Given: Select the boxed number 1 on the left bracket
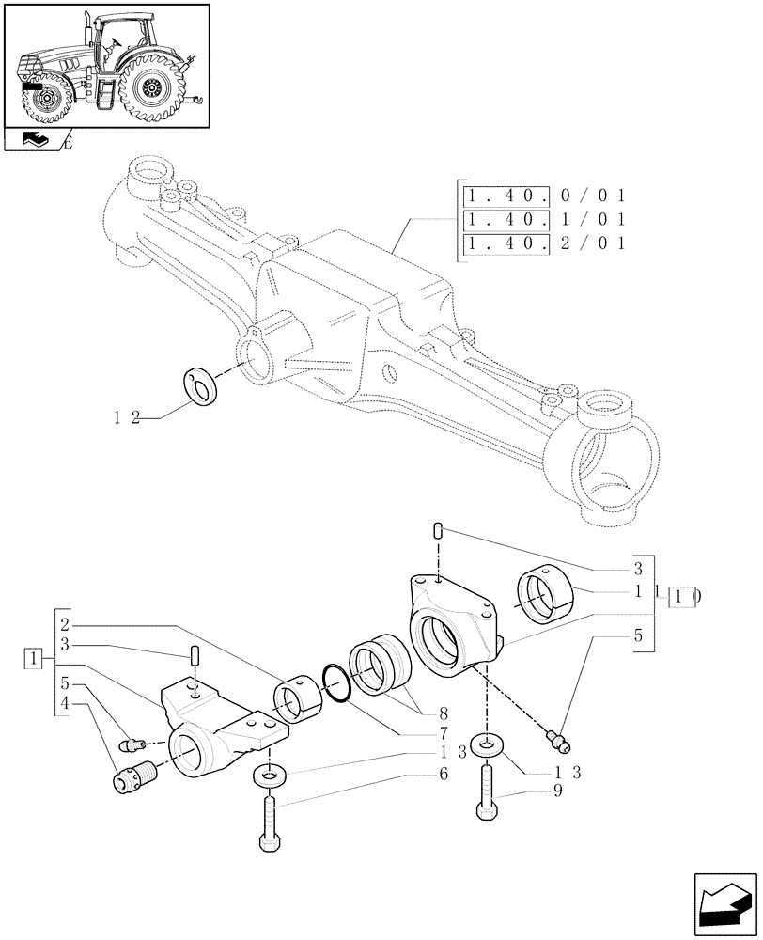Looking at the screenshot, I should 34,657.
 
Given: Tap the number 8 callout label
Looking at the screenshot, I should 443,712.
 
